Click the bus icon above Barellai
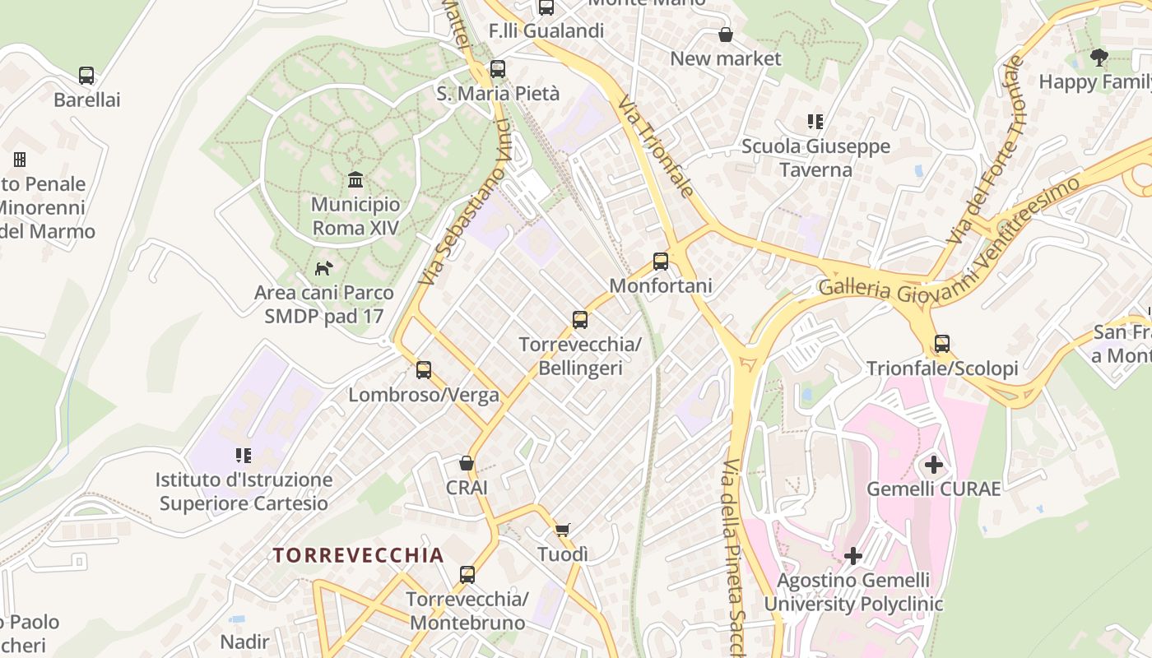click(86, 76)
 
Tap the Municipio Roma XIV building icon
click(355, 179)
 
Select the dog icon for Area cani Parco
click(324, 268)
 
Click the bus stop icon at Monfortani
click(660, 262)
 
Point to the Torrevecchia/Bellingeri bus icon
click(580, 320)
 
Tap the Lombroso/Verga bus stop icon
click(424, 370)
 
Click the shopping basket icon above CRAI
click(467, 463)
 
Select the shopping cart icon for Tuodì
click(563, 530)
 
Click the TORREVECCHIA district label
click(359, 555)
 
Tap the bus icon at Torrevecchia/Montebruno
click(467, 575)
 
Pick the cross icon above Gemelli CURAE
click(934, 465)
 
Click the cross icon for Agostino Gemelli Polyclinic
click(853, 556)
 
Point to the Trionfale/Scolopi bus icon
click(942, 344)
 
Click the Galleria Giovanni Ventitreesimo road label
click(946, 247)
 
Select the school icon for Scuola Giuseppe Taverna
click(815, 122)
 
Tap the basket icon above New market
click(726, 35)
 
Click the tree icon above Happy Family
click(1099, 57)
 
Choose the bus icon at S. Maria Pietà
click(498, 69)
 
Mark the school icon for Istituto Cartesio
click(243, 455)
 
